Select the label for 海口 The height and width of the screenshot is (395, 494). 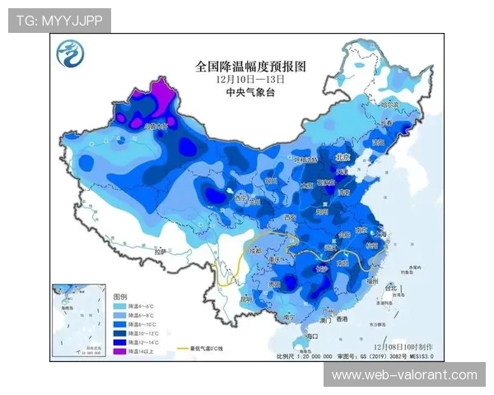311,336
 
